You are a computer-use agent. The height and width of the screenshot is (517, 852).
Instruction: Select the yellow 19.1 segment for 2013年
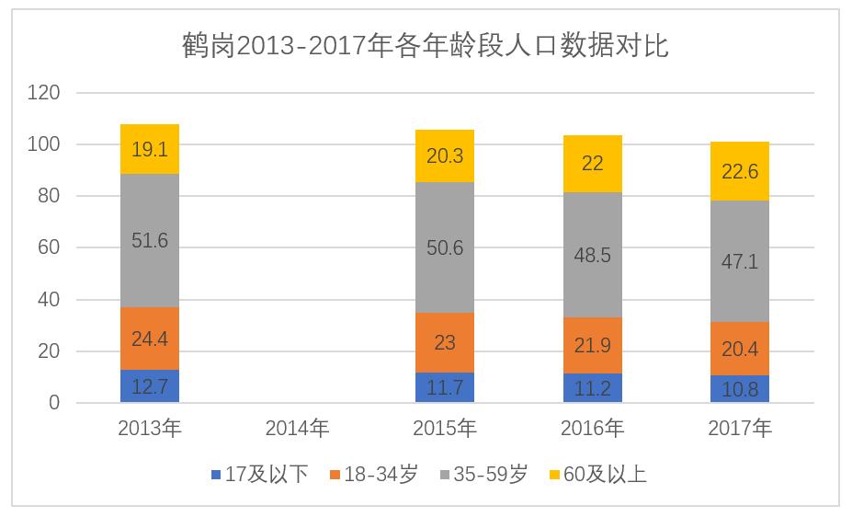150,149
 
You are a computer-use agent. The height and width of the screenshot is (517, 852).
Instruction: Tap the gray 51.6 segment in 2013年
150,241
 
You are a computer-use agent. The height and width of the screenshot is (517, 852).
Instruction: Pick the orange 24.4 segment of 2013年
150,339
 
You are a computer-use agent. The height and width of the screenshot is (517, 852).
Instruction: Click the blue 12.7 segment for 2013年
150,386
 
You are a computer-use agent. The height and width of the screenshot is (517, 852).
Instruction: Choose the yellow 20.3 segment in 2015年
445,155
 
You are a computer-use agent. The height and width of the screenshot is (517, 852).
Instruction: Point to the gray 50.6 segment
445,247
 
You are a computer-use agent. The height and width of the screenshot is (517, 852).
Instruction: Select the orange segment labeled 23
445,342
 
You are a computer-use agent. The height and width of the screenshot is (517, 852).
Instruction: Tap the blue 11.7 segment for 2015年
445,387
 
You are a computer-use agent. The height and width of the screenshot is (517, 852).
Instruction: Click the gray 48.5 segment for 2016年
593,255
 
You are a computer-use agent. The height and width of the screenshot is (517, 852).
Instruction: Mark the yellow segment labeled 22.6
740,171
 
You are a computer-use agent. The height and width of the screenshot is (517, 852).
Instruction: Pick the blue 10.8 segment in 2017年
740,389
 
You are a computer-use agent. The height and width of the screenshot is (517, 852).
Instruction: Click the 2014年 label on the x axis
297,429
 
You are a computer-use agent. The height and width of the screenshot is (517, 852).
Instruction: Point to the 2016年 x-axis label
593,429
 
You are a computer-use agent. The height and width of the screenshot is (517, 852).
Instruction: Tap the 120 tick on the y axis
43,93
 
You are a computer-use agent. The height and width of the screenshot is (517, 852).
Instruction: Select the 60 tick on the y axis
48,247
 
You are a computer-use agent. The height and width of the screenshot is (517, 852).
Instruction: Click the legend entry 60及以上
596,475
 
